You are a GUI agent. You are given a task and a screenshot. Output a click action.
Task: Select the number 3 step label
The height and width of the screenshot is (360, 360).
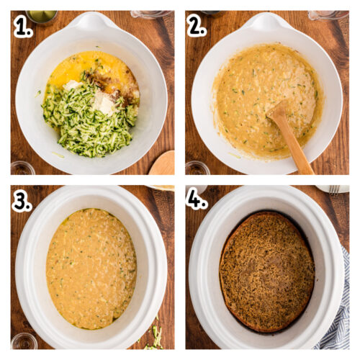click(22, 201)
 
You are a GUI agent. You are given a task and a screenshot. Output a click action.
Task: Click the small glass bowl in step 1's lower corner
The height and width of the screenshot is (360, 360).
click(22, 168)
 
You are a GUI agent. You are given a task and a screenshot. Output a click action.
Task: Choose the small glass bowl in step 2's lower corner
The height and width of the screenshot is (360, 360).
click(196, 168)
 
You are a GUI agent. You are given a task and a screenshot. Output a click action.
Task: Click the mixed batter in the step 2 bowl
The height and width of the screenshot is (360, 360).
click(259, 94)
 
